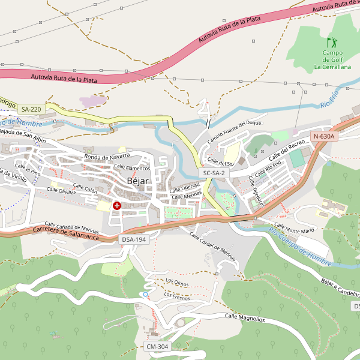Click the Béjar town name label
(x=137, y=181)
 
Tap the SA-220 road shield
(x=31, y=109)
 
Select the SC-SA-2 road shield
(x=214, y=173)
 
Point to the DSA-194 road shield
(x=134, y=239)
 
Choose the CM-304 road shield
(x=158, y=347)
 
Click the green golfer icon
(x=332, y=43)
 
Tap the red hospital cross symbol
(x=116, y=206)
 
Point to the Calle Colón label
(x=85, y=189)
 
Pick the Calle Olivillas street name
(x=62, y=191)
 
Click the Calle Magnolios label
(x=244, y=316)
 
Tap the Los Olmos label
(x=177, y=282)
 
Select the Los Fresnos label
(x=176, y=295)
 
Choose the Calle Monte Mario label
(x=299, y=230)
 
